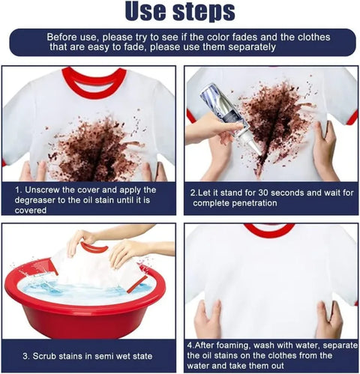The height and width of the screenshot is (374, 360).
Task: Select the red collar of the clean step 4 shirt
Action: (268, 229)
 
